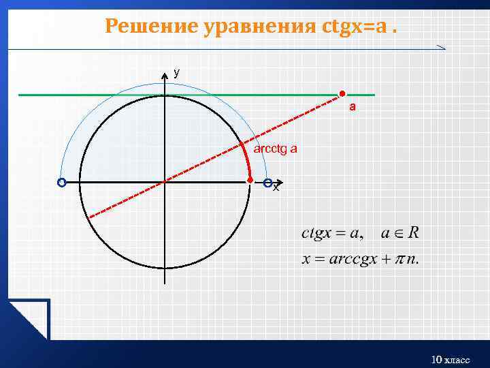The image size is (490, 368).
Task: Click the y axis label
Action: [176, 72]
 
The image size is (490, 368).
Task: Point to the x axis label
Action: [276, 187]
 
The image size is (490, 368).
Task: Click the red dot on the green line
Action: [343, 94]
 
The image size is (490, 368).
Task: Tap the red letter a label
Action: [353, 107]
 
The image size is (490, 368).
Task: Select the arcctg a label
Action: [275, 149]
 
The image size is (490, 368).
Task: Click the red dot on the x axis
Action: [250, 180]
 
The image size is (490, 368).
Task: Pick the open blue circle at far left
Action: [62, 183]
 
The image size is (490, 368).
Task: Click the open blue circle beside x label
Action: [267, 183]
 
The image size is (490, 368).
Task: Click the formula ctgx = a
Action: [331, 234]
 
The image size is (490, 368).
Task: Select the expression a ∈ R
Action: [400, 233]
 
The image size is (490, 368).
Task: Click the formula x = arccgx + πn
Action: [361, 260]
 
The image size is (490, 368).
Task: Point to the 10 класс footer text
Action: [451, 359]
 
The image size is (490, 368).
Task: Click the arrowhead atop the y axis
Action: [164, 74]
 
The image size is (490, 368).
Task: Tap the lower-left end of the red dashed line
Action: [91, 217]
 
